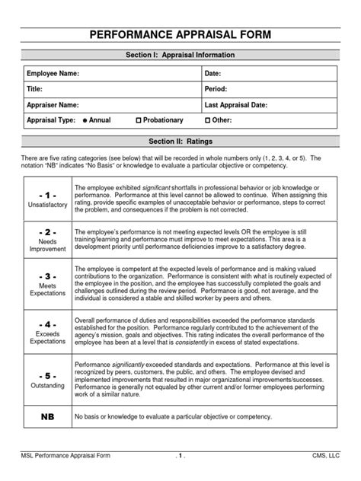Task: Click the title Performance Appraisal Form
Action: [180, 35]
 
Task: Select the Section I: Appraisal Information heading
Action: [180, 56]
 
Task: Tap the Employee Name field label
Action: [53, 74]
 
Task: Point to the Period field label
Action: [216, 89]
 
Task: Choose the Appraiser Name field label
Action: [53, 105]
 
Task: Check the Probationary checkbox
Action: [139, 121]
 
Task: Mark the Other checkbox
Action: [209, 121]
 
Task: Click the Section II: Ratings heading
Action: [180, 142]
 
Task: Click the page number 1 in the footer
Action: [180, 455]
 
